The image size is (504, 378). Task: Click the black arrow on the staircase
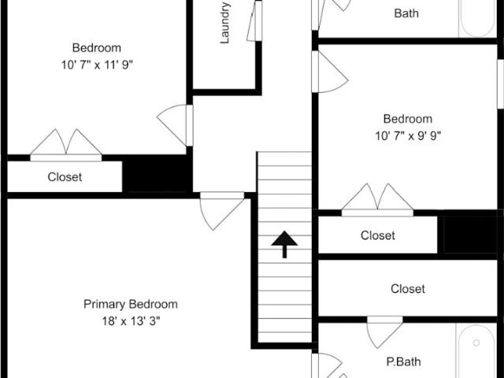coord(284,244)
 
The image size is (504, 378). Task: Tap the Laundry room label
coord(224,23)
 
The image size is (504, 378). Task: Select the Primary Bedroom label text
coord(131,304)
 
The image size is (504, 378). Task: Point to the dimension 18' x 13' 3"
coord(131,321)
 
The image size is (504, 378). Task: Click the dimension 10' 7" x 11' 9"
coord(97,65)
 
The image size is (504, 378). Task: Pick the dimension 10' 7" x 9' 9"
coord(408,136)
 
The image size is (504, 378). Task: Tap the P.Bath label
coord(403,361)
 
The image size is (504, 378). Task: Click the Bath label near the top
coord(406,13)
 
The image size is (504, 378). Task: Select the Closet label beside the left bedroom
coord(65,176)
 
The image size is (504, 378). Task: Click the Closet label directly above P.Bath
coord(408,289)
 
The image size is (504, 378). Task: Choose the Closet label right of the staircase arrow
coord(378,235)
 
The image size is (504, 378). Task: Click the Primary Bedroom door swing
coord(222,212)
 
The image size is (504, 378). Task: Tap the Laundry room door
coord(254,21)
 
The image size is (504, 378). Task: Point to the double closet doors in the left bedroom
coord(66,145)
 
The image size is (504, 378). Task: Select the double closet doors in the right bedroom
coord(377,199)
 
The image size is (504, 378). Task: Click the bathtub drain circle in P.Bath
coord(476,343)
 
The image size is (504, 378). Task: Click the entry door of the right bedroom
coord(329,72)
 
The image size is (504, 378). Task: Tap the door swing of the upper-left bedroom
coord(175,125)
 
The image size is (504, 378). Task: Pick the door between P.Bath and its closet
coord(385,332)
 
